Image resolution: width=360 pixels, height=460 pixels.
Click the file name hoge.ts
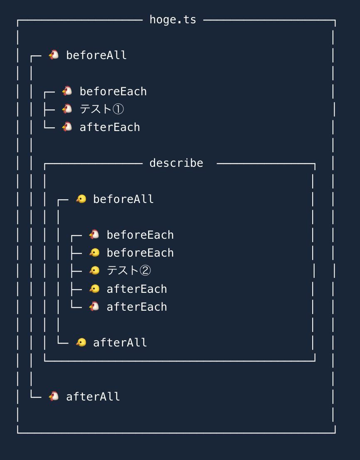(x=173, y=20)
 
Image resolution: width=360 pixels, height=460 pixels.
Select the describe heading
(x=176, y=163)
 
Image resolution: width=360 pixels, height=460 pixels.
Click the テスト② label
(x=128, y=271)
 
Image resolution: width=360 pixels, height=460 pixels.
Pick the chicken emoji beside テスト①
(x=67, y=109)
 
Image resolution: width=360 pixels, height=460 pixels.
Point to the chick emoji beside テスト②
(x=94, y=271)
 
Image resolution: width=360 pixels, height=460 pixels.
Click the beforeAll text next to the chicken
(x=96, y=55)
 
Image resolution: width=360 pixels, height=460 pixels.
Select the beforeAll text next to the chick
(x=123, y=199)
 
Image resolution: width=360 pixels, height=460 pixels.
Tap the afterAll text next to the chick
(x=120, y=343)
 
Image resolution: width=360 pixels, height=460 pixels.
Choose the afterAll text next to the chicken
(x=93, y=397)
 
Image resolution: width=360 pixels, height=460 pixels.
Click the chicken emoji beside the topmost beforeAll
(x=54, y=55)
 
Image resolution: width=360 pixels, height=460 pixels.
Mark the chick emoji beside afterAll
(x=81, y=343)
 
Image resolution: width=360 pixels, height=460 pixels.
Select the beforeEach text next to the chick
(x=140, y=253)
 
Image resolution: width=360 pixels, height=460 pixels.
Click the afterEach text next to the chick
(x=137, y=289)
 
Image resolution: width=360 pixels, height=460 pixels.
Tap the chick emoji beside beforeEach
(x=94, y=253)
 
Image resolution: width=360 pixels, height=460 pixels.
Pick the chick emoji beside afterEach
(x=94, y=289)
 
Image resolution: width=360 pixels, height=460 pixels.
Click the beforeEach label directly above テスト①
(x=113, y=92)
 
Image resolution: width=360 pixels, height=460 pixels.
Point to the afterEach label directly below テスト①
(x=110, y=127)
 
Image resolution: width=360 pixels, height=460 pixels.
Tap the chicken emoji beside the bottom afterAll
(x=54, y=396)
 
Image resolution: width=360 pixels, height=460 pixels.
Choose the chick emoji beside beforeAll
(x=81, y=199)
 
